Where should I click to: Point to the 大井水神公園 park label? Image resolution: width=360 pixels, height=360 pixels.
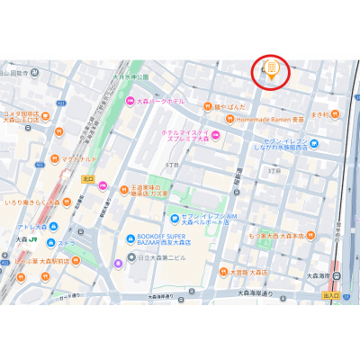click(x=130, y=78)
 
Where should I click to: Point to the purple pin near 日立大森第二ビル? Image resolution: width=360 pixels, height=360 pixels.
click(x=120, y=264)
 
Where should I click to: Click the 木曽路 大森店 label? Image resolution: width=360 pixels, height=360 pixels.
click(x=247, y=272)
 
